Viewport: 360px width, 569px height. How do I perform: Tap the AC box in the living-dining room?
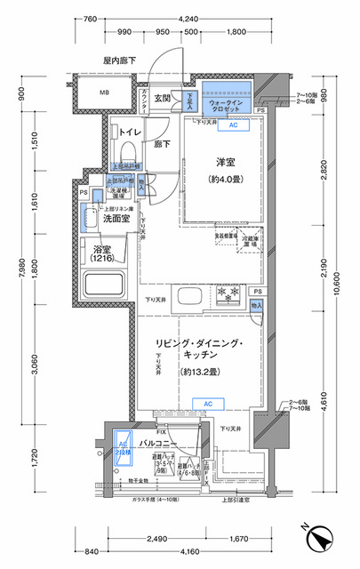(207, 404)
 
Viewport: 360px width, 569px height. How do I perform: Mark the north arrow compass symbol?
(319, 538)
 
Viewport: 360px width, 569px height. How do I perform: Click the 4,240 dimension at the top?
(188, 18)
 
